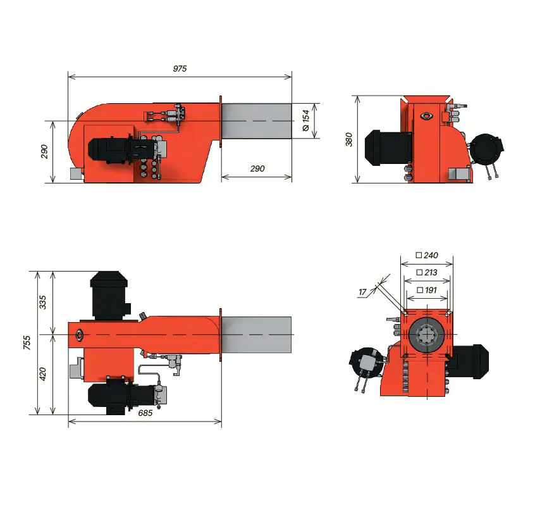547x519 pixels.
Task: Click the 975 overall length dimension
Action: pyautogui.click(x=180, y=68)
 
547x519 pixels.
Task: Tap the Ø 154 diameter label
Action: pyautogui.click(x=306, y=120)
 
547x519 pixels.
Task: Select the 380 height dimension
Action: pyautogui.click(x=348, y=139)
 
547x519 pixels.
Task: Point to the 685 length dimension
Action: pyautogui.click(x=145, y=413)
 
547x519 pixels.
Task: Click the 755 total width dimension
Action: pyautogui.click(x=27, y=342)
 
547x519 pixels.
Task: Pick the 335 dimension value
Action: pyautogui.click(x=42, y=302)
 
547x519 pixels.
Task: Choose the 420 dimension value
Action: pyautogui.click(x=42, y=374)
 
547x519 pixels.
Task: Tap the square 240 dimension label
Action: pyautogui.click(x=427, y=255)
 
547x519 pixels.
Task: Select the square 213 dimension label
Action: pyautogui.click(x=427, y=272)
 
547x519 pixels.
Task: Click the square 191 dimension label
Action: pyautogui.click(x=427, y=290)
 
